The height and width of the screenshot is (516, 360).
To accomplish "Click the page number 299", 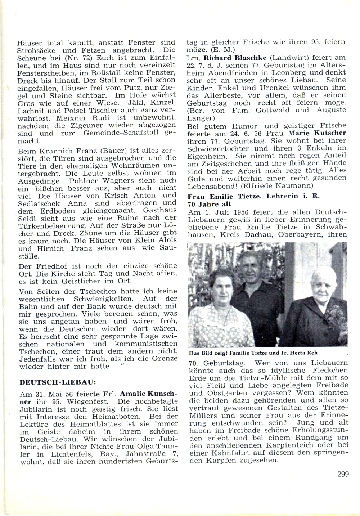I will coord(343,474).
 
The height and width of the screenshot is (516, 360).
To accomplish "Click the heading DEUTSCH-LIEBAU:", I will coord(58,382).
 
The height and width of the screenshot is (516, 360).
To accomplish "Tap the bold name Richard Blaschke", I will coord(235,58).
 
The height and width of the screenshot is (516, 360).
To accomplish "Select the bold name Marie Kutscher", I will coord(317,133).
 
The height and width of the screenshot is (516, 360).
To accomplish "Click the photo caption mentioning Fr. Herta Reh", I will coord(253,353).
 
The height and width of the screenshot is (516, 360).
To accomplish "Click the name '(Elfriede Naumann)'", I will coord(282,186).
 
